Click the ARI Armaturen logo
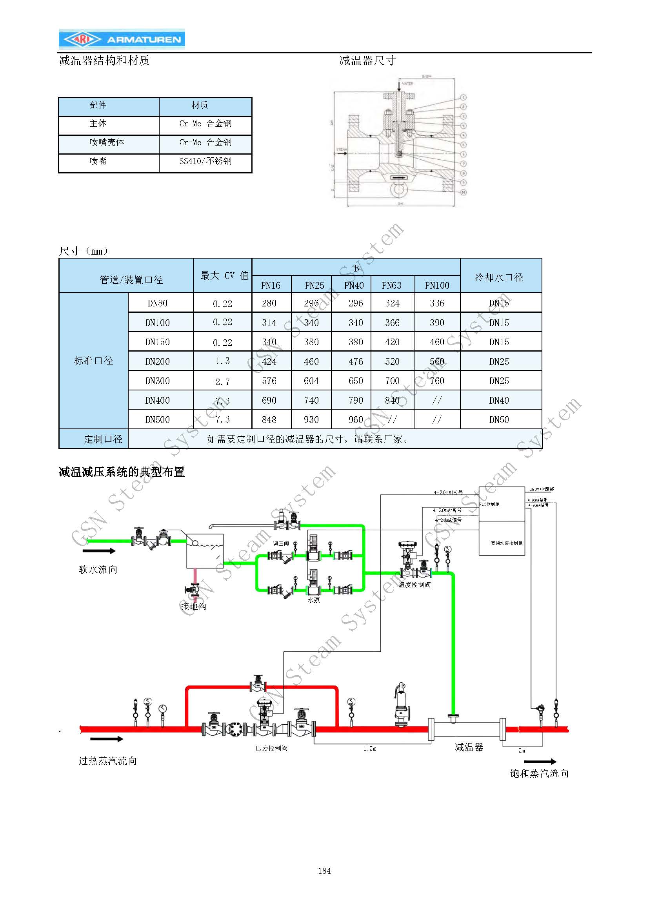(x=122, y=39)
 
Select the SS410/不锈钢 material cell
(x=205, y=161)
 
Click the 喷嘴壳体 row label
(x=107, y=142)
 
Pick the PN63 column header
(x=392, y=285)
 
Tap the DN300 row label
(x=157, y=381)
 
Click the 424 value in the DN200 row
(x=269, y=362)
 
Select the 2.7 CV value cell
(x=222, y=382)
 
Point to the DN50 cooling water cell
(x=499, y=420)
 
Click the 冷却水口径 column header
(x=499, y=277)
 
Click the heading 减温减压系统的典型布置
(x=122, y=472)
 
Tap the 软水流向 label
(x=98, y=570)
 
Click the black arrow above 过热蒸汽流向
(x=107, y=739)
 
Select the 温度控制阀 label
(x=414, y=585)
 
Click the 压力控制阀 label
(x=271, y=748)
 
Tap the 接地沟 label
(x=194, y=606)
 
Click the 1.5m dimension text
(x=370, y=749)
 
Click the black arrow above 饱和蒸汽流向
(x=540, y=761)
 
